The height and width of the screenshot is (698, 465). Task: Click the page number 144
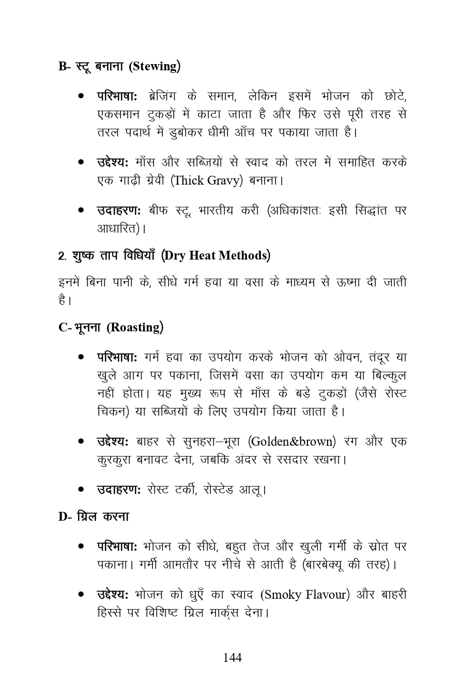pos(232,658)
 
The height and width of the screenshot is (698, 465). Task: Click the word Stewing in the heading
pos(155,67)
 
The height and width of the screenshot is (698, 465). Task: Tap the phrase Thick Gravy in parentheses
pos(207,180)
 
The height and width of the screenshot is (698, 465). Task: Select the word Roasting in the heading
pos(135,327)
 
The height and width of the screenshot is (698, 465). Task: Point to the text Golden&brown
pos(292,442)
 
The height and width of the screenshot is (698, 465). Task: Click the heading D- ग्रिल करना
pos(94,517)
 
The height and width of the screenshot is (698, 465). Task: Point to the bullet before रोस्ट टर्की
pos(81,489)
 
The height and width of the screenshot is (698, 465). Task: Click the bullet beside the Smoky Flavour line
pos(81,595)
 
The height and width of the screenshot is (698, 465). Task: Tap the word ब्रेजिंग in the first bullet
pos(162,96)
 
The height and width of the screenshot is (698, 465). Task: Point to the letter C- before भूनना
pos(64,328)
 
